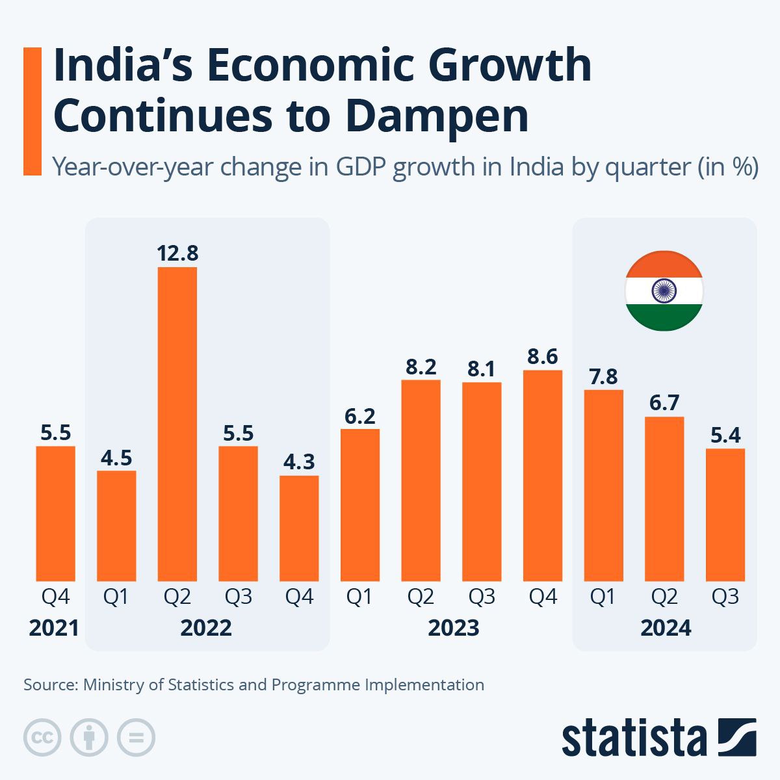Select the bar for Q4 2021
(x=55, y=513)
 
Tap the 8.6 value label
(x=543, y=356)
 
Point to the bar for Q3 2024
(x=725, y=515)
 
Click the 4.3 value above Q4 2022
(x=299, y=461)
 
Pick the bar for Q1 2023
(x=360, y=505)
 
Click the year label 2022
(x=206, y=628)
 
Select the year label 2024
(x=666, y=628)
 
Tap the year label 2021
(x=54, y=628)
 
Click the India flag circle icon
(x=664, y=291)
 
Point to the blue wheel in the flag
(x=664, y=291)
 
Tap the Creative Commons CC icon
(x=42, y=738)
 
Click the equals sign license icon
(x=136, y=738)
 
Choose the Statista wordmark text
(x=634, y=738)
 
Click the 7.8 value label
(x=603, y=376)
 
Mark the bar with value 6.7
(x=664, y=499)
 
